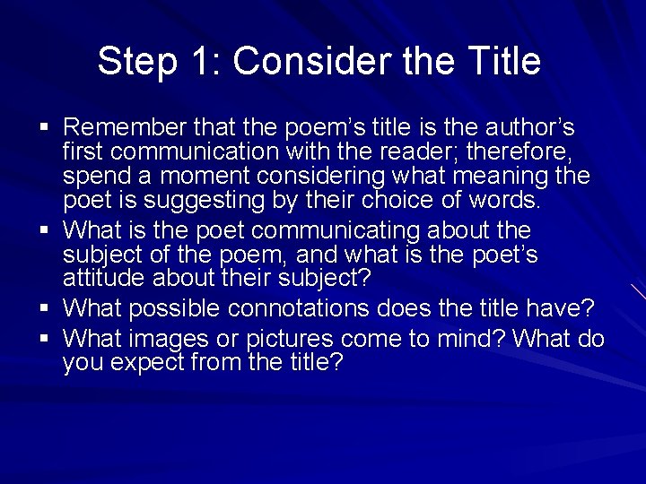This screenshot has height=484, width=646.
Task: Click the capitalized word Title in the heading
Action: click(x=504, y=61)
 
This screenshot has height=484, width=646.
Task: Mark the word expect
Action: click(x=152, y=363)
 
